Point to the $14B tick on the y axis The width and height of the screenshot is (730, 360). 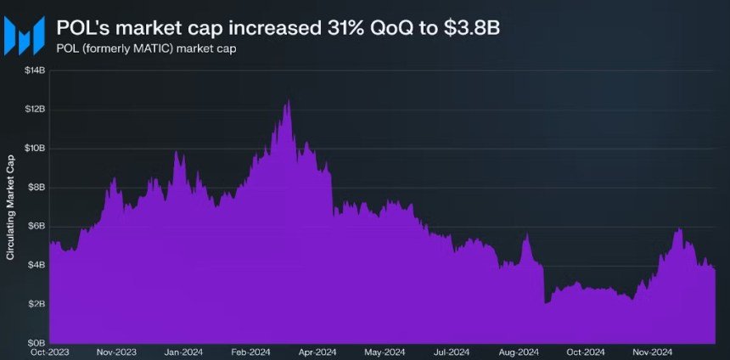point(35,70)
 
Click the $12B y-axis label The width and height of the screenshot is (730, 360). point(35,110)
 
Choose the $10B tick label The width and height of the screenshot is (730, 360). point(35,149)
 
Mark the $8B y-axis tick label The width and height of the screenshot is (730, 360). point(36,188)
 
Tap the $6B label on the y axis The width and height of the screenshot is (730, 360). point(36,226)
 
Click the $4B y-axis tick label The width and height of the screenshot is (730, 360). point(36,265)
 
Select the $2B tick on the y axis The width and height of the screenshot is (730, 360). point(36,304)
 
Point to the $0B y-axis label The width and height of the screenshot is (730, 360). point(36,342)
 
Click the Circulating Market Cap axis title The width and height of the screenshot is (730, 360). point(10,206)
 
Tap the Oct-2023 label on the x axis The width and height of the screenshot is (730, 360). point(50,352)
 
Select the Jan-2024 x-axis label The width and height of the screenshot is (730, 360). point(183,352)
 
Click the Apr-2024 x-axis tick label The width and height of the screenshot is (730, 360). point(317,352)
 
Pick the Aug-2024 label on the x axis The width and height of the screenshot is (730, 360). point(518,352)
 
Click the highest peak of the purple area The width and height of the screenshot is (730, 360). point(288,101)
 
